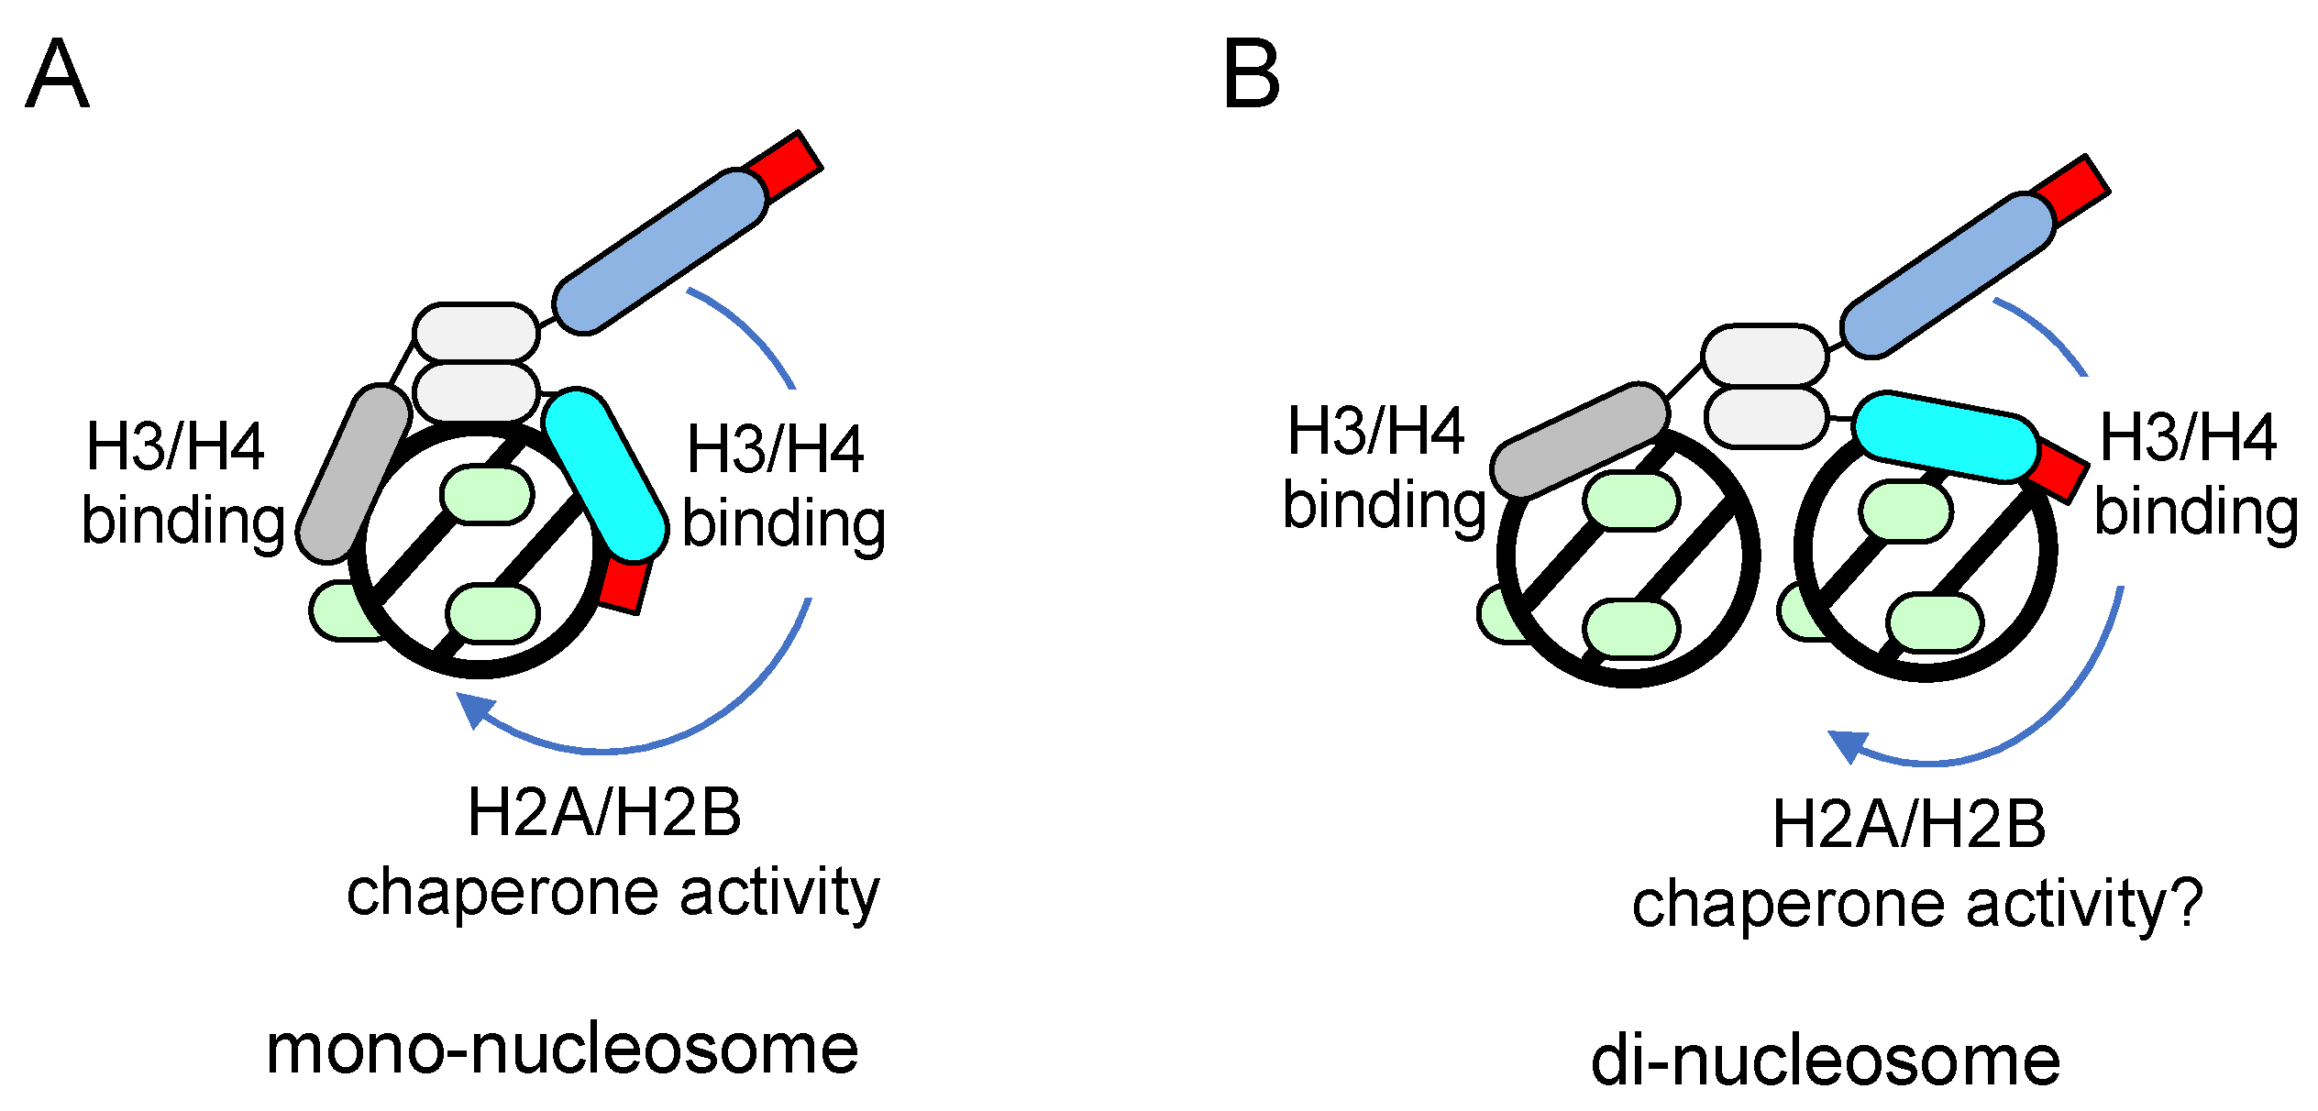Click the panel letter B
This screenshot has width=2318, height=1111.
(1251, 74)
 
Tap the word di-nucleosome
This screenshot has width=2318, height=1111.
(1826, 1061)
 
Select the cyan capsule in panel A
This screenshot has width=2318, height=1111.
(604, 474)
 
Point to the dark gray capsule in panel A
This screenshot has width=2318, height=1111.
(354, 473)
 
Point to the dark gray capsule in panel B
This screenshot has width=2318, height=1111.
(1579, 440)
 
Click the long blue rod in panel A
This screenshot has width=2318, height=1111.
(659, 251)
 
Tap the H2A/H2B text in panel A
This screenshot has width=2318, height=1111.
(604, 813)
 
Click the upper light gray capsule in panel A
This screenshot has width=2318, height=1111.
(476, 332)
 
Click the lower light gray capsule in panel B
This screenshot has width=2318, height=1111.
(1766, 417)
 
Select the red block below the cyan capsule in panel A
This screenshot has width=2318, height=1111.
(624, 585)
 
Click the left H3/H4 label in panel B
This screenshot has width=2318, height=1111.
(1375, 431)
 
